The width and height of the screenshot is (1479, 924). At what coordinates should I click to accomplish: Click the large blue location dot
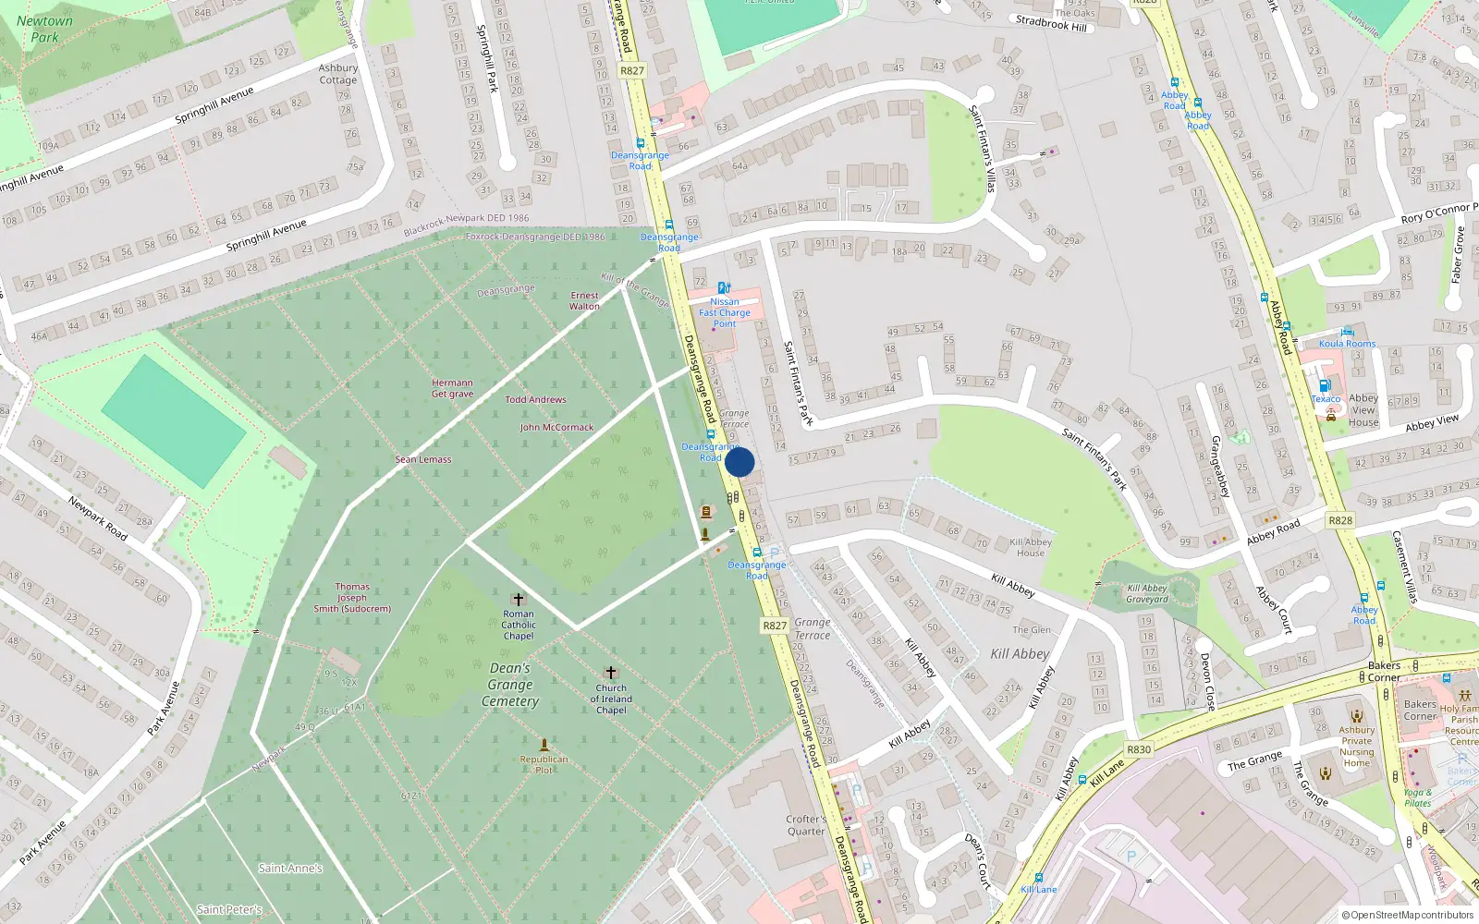click(739, 462)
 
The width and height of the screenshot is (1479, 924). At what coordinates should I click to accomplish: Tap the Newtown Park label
click(44, 29)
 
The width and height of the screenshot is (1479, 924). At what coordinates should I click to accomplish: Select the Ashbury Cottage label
click(338, 74)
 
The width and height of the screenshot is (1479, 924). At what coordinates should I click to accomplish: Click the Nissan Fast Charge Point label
click(725, 312)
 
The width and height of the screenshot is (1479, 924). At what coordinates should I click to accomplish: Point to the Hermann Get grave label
click(452, 388)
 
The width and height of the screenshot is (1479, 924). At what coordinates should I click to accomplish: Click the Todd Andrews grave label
click(535, 399)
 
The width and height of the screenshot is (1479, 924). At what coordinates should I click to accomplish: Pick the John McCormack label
click(556, 427)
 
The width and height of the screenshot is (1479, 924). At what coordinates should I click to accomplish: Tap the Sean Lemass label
click(423, 459)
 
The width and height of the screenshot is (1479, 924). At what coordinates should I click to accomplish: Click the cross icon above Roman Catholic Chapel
click(519, 600)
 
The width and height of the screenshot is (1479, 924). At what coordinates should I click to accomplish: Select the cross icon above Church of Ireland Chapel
click(610, 673)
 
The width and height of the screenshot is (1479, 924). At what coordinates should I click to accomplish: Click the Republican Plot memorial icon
click(544, 745)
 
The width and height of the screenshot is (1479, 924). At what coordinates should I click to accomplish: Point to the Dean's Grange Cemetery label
click(510, 684)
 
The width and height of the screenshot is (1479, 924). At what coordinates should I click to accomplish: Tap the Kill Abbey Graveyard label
click(1147, 593)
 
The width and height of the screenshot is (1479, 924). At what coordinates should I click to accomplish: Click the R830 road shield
click(1139, 749)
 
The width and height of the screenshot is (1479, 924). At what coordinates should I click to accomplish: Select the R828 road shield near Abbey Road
click(1340, 520)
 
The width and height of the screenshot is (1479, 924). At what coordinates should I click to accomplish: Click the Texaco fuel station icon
click(1325, 386)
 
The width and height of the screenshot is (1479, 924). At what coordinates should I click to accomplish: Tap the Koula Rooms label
click(1347, 344)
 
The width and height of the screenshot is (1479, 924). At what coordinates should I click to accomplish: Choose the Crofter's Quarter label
click(806, 825)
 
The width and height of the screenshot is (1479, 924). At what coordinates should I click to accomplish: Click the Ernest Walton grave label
click(584, 300)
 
